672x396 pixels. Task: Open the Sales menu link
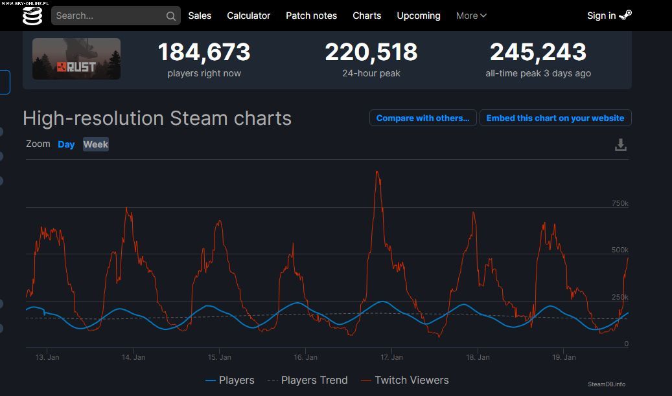pos(200,16)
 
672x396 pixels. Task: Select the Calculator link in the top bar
pos(248,16)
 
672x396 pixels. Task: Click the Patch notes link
pos(311,16)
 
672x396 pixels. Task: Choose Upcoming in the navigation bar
pos(418,16)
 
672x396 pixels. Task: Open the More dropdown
pos(471,16)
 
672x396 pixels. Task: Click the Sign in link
pos(608,16)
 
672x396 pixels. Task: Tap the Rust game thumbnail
pos(76,59)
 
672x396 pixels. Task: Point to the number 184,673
pos(203,52)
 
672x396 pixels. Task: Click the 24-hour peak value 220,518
pos(371,52)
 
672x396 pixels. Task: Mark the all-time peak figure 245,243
pos(538,52)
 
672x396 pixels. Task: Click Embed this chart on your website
pos(555,118)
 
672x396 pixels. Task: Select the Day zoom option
pos(66,144)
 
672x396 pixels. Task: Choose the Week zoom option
pos(96,144)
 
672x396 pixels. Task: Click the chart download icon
pos(621,145)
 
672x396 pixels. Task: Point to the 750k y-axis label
pos(620,204)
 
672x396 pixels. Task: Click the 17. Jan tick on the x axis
pos(392,357)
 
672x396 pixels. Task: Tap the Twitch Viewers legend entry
pos(405,380)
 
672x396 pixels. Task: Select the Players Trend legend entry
pos(308,380)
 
